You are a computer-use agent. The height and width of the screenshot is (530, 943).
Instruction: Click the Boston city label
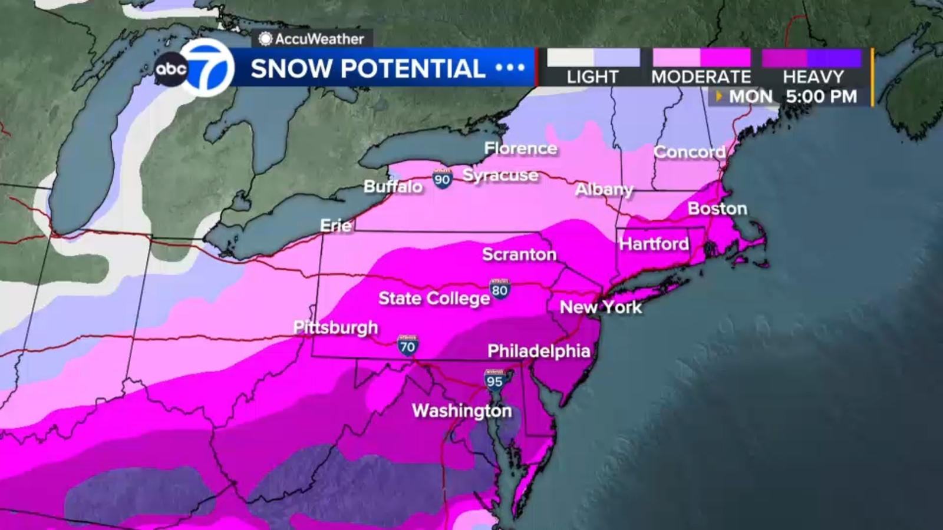point(717,208)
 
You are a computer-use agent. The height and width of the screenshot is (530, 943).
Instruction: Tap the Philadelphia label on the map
point(538,351)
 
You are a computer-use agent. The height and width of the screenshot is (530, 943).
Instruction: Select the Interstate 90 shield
point(442,178)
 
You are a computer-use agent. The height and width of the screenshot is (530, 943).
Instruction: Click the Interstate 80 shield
point(499,289)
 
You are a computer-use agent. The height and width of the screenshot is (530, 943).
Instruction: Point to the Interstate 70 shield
point(407,345)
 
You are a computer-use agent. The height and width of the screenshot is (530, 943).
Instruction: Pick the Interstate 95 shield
point(494,380)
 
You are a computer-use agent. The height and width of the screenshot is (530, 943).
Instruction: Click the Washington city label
point(461,410)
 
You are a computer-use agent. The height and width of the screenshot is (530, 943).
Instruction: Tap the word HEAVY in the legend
point(813,77)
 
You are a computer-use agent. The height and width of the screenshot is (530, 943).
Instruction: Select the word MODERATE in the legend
point(701,77)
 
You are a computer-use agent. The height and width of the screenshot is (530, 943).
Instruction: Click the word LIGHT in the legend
point(592,77)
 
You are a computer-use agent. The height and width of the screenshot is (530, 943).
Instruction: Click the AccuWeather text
point(319,39)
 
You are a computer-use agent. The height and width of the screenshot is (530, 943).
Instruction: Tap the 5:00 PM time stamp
point(821,97)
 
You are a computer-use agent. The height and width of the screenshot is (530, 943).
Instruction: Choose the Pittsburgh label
point(335,327)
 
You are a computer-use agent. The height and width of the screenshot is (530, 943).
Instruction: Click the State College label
point(434,299)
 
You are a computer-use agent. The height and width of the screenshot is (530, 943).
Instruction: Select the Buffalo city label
point(393,187)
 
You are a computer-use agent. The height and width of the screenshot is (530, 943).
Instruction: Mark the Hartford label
point(654,244)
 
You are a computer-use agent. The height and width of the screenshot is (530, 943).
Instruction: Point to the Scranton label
point(519,254)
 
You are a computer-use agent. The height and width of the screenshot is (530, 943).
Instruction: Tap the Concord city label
point(689,152)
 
